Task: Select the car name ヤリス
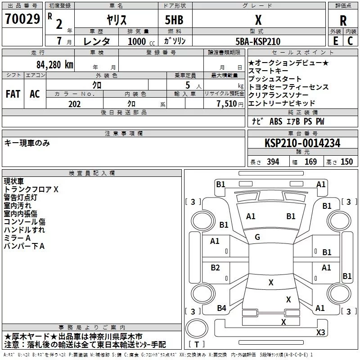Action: pyautogui.click(x=116, y=20)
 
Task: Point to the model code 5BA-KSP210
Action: pyautogui.click(x=258, y=41)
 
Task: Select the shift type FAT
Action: pyautogui.click(x=13, y=94)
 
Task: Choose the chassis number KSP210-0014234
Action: pyautogui.click(x=302, y=143)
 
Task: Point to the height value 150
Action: pyautogui.click(x=346, y=162)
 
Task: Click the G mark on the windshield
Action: pyautogui.click(x=257, y=237)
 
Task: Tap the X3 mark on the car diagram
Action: pyautogui.click(x=320, y=333)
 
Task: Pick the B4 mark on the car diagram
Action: pyautogui.click(x=221, y=308)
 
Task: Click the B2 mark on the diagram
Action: pyautogui.click(x=215, y=268)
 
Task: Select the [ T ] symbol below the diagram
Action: pyautogui.click(x=197, y=344)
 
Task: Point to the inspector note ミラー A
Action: pyautogui.click(x=17, y=238)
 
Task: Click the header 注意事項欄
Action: pyautogui.click(x=123, y=134)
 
